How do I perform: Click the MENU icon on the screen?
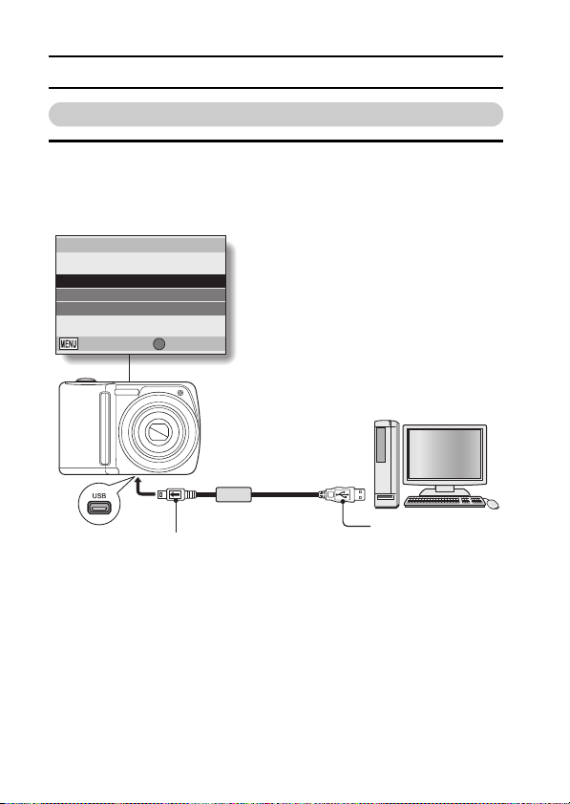(x=69, y=343)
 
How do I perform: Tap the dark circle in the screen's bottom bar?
(x=159, y=344)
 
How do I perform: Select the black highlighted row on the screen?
(x=141, y=281)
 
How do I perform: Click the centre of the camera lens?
(x=159, y=432)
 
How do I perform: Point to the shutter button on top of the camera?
(x=86, y=380)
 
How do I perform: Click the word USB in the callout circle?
(x=99, y=496)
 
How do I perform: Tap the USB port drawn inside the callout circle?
(x=99, y=508)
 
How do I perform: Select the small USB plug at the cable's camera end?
(x=177, y=495)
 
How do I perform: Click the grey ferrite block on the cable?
(x=234, y=494)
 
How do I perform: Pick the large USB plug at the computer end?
(x=343, y=495)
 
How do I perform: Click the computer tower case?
(x=387, y=464)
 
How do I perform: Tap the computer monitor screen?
(x=445, y=454)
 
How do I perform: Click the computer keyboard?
(x=444, y=501)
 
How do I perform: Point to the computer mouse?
(x=492, y=504)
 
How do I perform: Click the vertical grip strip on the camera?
(x=105, y=427)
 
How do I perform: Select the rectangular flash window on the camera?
(x=126, y=392)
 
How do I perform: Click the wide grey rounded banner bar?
(x=276, y=115)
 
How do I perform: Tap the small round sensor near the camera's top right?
(x=180, y=393)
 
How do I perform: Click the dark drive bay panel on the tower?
(x=381, y=444)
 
